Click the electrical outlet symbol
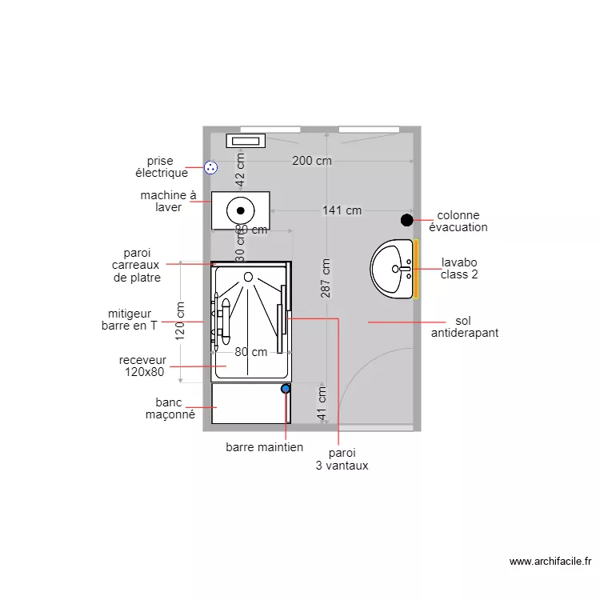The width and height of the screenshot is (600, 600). pyautogui.click(x=210, y=167)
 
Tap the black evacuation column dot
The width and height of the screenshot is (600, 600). pyautogui.click(x=407, y=220)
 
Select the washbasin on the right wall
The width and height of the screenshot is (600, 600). pyautogui.click(x=393, y=270)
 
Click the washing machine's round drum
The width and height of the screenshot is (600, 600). pyautogui.click(x=240, y=211)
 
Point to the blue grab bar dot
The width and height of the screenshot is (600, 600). pyautogui.click(x=286, y=389)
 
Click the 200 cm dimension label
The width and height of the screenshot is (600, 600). pyautogui.click(x=312, y=161)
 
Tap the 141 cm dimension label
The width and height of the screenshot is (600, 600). pyautogui.click(x=342, y=211)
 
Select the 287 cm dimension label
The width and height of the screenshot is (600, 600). pyautogui.click(x=326, y=278)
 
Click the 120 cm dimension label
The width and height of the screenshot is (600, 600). pyautogui.click(x=181, y=321)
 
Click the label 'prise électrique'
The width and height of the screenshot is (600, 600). pyautogui.click(x=161, y=167)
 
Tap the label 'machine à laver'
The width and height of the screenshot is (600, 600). pyautogui.click(x=168, y=201)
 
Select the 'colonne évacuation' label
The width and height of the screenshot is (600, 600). pyautogui.click(x=458, y=221)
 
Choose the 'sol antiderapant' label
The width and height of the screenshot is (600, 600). pyautogui.click(x=464, y=326)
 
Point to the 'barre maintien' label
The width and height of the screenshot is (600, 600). pyautogui.click(x=264, y=447)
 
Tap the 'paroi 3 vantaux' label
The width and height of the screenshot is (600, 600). pyautogui.click(x=342, y=459)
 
